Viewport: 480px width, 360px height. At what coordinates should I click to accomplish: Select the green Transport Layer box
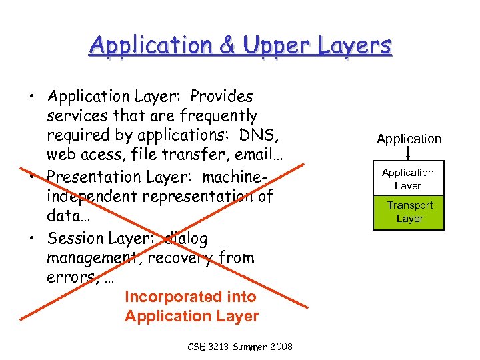pyautogui.click(x=409, y=212)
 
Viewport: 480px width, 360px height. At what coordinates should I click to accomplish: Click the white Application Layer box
pyautogui.click(x=408, y=179)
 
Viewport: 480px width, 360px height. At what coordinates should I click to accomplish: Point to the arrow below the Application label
pyautogui.click(x=408, y=153)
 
